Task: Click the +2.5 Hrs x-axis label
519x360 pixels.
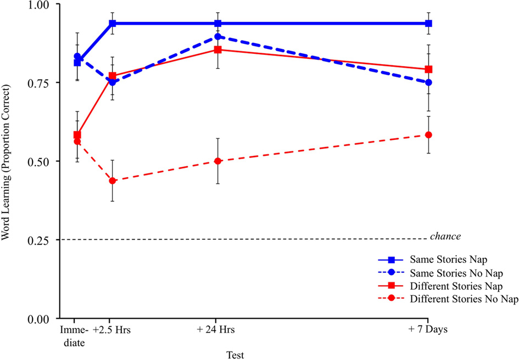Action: [x=112, y=330]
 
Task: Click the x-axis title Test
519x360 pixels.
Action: [x=236, y=354]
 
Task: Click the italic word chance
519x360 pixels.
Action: [x=445, y=237]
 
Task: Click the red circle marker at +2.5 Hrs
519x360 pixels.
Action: [x=112, y=181]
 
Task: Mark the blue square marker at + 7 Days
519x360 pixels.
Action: [x=429, y=24]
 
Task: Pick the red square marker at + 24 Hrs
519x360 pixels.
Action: [x=218, y=49]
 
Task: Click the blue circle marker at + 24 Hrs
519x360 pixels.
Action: [x=218, y=37]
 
